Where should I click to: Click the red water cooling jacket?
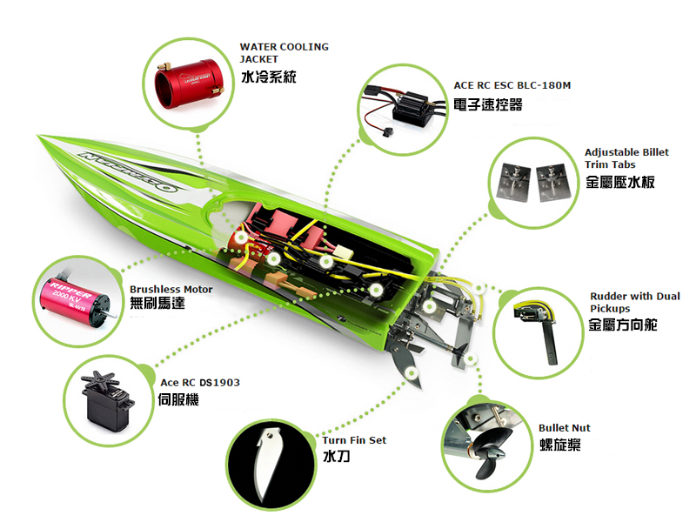[190, 84]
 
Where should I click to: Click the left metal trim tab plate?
[515, 181]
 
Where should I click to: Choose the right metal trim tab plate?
[552, 183]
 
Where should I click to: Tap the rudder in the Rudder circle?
[540, 329]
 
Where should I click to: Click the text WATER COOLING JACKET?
[284, 53]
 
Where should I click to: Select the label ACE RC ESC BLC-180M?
[512, 85]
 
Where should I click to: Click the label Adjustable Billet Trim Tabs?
[626, 158]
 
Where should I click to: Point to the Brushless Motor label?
[171, 290]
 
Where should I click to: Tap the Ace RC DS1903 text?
[200, 383]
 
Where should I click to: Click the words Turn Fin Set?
[354, 440]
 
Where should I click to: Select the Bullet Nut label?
[564, 428]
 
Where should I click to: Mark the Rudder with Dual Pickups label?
[635, 302]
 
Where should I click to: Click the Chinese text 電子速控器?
[488, 104]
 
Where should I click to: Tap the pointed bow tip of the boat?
[38, 136]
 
